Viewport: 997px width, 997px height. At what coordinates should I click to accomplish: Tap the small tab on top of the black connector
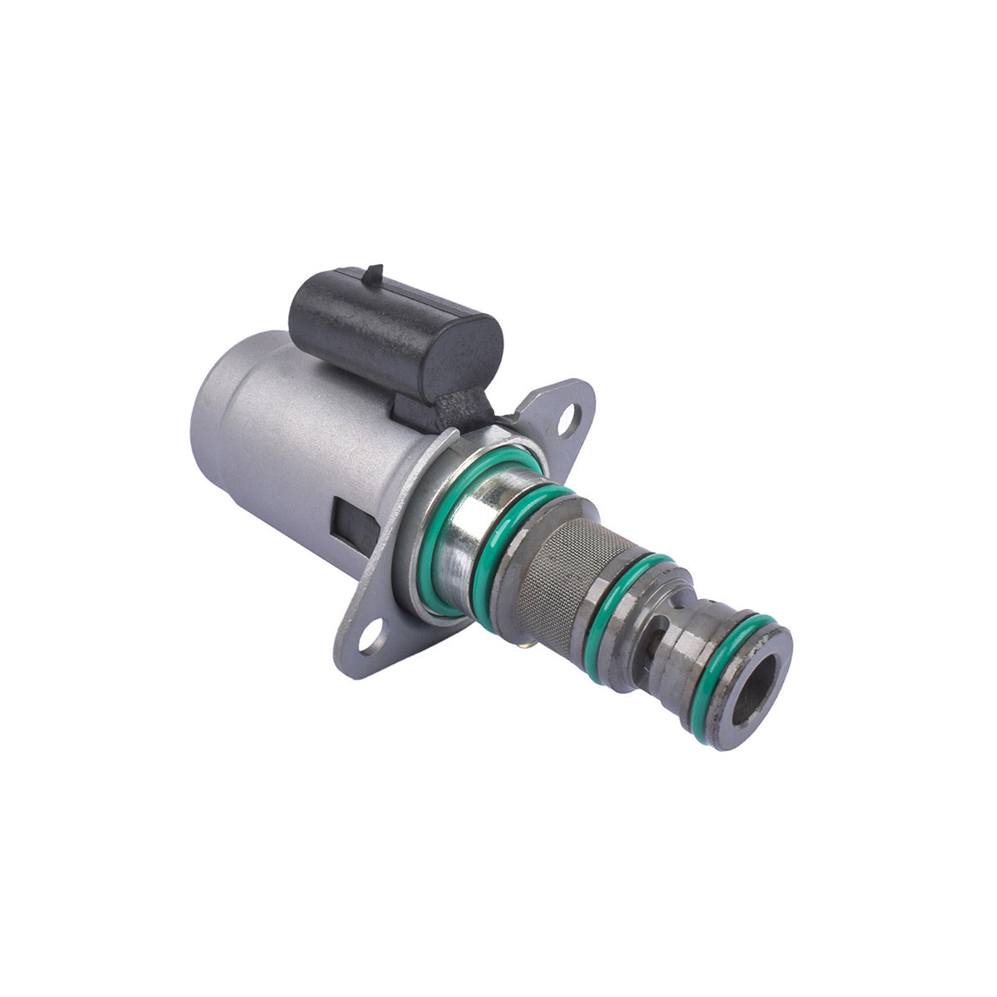374,273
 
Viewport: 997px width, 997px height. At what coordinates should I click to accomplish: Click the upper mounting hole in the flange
569,419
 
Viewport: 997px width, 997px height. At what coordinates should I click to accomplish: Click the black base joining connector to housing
444,411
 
